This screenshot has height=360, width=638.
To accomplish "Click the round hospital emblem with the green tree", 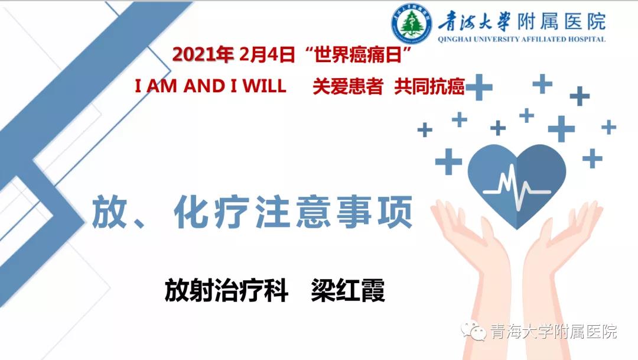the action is (x=411, y=23).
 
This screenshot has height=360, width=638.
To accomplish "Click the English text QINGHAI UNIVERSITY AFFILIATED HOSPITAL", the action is (x=522, y=39).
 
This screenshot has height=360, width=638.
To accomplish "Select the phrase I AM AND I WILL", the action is (x=210, y=86).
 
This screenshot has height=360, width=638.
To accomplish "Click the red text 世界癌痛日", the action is (x=358, y=54).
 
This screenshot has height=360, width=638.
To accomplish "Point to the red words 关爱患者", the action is (x=348, y=86).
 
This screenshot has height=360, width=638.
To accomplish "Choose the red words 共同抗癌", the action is (x=429, y=86).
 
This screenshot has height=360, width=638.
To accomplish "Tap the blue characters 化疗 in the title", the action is (x=211, y=212).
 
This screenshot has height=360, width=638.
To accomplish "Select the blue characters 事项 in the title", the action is (x=375, y=212).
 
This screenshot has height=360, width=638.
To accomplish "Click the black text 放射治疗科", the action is (x=226, y=290).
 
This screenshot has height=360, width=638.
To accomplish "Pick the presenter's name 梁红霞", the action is (x=348, y=290).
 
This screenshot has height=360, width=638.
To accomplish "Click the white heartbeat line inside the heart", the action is (x=517, y=187).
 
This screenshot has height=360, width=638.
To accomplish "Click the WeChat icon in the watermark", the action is (x=474, y=332).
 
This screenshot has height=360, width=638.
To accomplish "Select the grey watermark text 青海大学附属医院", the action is (x=554, y=332).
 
